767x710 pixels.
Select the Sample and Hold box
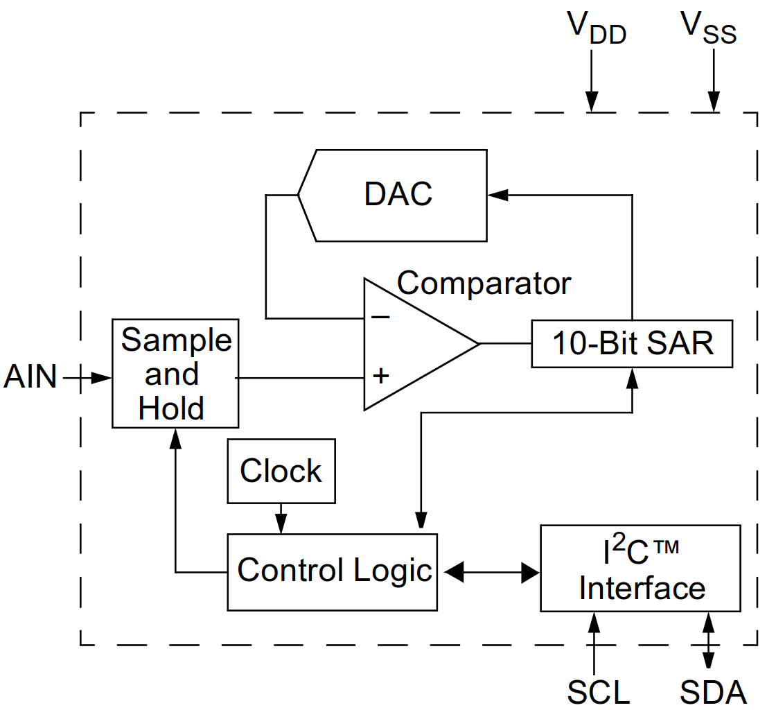point(175,373)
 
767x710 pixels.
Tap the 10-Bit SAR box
point(632,343)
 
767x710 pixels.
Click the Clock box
point(281,471)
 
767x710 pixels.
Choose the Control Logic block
point(333,571)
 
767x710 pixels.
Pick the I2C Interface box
point(640,569)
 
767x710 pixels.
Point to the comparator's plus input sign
point(380,376)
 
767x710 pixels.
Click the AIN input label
point(30,377)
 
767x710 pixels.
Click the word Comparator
point(484,283)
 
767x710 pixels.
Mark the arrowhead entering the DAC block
point(497,196)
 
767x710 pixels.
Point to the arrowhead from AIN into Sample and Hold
point(102,377)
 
